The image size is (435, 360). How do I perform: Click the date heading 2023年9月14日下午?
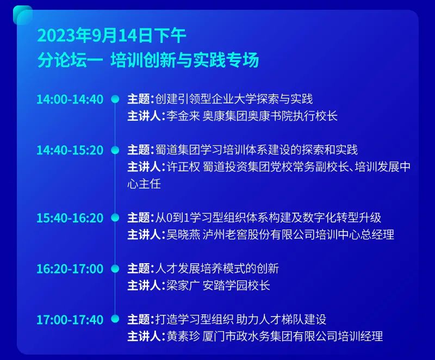pos(111,36)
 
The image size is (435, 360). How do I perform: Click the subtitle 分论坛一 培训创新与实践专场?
pos(148,60)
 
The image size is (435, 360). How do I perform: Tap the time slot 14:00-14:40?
pos(70,100)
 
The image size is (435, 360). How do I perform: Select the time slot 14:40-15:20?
pos(70,150)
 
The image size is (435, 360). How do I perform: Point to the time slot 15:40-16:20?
pos(70,218)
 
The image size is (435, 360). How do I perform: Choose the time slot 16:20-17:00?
pos(70,269)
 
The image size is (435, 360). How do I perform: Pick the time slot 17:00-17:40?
pos(70,320)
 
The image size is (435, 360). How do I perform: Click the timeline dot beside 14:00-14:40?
pos(115,100)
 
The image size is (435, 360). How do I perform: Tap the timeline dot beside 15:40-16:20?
pos(115,218)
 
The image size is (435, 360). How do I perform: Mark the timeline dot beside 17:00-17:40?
pos(115,319)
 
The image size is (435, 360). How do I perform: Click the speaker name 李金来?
pos(183,116)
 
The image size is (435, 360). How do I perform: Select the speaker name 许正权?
pos(183,167)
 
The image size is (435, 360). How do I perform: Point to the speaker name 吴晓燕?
pos(183,234)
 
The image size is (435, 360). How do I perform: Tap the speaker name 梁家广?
pos(183,285)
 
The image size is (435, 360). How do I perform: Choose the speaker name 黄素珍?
pos(183,337)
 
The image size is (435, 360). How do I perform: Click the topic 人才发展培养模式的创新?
pos(217,269)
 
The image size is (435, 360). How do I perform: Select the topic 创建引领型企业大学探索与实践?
pos(234,99)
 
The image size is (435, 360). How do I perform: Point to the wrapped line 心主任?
pos(144,184)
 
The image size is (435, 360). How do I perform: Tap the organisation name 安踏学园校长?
pos(237,285)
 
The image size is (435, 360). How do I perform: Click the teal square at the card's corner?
pos(23,15)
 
